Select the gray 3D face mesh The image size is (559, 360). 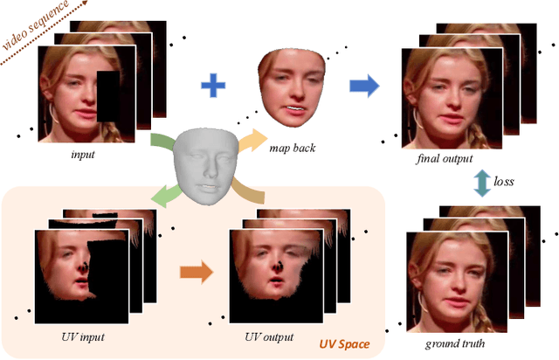coord(205,167)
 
